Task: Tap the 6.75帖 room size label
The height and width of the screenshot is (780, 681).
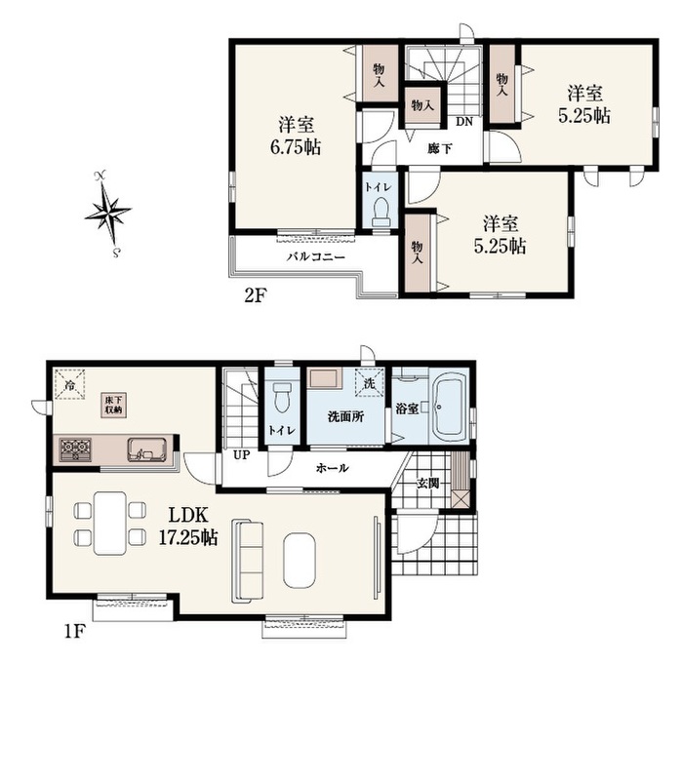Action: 296,147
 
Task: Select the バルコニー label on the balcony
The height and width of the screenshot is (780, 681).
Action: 315,257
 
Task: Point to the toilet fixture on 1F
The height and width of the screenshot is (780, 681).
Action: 282,397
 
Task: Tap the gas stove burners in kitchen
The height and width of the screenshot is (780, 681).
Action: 76,449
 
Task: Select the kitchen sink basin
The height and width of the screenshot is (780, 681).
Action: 146,449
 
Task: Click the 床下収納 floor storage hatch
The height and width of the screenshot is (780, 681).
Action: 114,406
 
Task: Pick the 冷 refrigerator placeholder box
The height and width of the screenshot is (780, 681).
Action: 70,383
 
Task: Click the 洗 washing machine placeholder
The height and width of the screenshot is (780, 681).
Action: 370,382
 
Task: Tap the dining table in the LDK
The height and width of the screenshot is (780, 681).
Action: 110,523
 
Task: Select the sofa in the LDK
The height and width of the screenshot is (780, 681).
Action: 247,560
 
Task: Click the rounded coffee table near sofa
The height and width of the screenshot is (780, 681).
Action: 300,561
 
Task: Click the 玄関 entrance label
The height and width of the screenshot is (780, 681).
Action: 427,483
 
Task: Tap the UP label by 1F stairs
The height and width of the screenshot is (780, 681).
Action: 241,454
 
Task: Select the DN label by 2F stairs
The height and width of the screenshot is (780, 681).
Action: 464,121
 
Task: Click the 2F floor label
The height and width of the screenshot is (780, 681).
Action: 255,296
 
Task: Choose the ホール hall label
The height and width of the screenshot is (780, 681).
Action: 332,468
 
